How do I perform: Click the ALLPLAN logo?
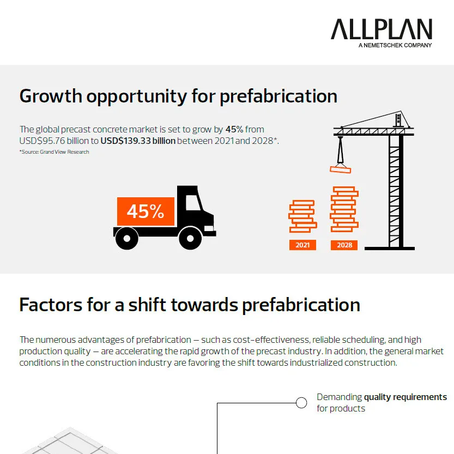pyautogui.click(x=381, y=29)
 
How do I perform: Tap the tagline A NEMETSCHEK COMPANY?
pyautogui.click(x=395, y=45)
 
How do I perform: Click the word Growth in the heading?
pyautogui.click(x=51, y=96)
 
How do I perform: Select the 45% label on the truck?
pyautogui.click(x=145, y=211)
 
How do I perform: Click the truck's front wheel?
pyautogui.click(x=190, y=238)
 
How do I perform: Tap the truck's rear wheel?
pyautogui.click(x=126, y=238)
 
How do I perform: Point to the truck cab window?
pyautogui.click(x=192, y=203)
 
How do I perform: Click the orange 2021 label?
pyautogui.click(x=302, y=245)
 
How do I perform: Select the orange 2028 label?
pyautogui.click(x=344, y=245)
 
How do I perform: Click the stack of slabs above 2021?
pyautogui.click(x=302, y=216)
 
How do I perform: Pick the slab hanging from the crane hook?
pyautogui.click(x=341, y=169)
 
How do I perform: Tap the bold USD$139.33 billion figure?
pyautogui.click(x=138, y=141)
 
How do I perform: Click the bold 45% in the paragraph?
pyautogui.click(x=234, y=129)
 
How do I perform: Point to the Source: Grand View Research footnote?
pyautogui.click(x=55, y=152)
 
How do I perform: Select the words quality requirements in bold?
pyautogui.click(x=405, y=397)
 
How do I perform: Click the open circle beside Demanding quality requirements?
pyautogui.click(x=301, y=403)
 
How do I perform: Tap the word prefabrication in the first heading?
pyautogui.click(x=279, y=96)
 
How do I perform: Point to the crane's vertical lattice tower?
pyautogui.click(x=396, y=191)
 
